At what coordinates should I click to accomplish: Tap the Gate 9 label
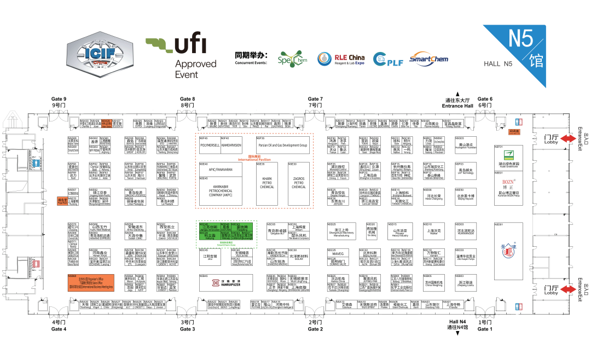[x=59, y=102]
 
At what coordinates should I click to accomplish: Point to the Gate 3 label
[x=187, y=326]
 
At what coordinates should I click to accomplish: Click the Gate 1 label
[x=485, y=326]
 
